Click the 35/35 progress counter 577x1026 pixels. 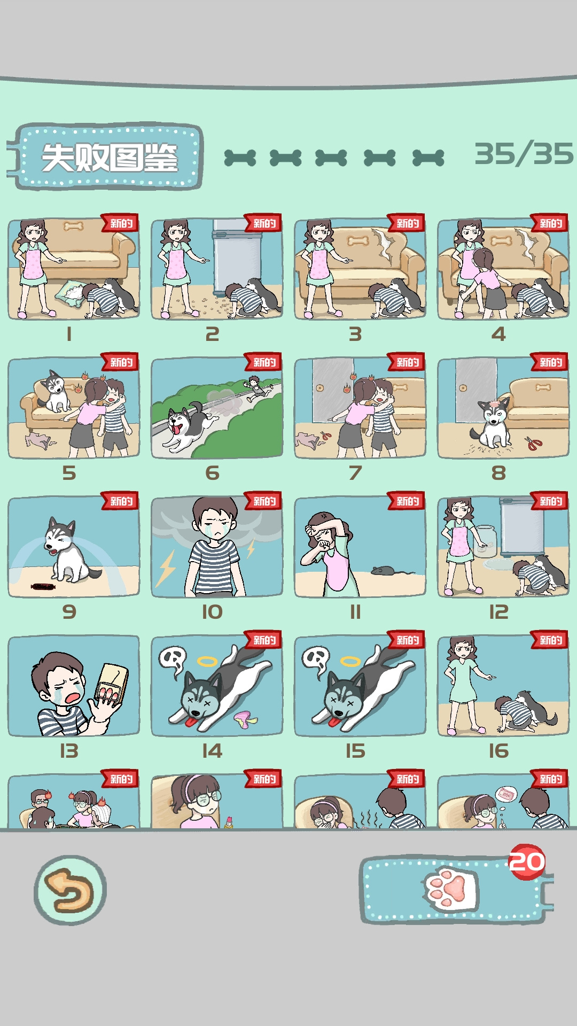click(524, 154)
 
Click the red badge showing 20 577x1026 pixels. click(527, 862)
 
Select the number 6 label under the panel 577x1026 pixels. click(212, 473)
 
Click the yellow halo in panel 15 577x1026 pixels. click(350, 662)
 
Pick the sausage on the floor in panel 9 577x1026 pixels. click(42, 587)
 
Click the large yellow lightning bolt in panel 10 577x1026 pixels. click(166, 568)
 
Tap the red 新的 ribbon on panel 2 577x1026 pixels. click(264, 223)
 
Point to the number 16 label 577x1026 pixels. click(498, 751)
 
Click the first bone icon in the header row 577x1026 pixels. click(240, 158)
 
